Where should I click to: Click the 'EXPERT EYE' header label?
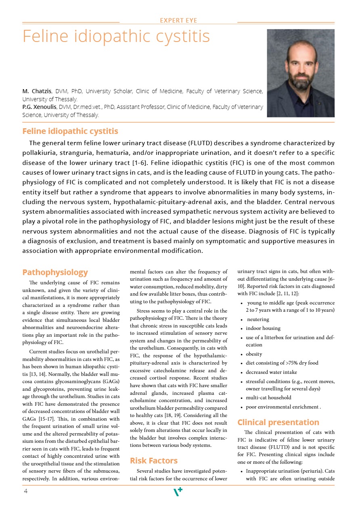pyautogui.click(x=178, y=21)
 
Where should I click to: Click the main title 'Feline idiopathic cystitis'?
pyautogui.click(x=116, y=36)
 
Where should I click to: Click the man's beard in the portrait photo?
pyautogui.click(x=300, y=76)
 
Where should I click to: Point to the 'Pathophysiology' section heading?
pyautogui.click(x=55, y=273)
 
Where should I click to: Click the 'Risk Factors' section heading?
pyautogui.click(x=153, y=461)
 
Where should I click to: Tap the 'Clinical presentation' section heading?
pyautogui.click(x=278, y=422)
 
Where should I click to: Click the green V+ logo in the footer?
pyautogui.click(x=178, y=492)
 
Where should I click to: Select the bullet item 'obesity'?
pyautogui.click(x=254, y=354)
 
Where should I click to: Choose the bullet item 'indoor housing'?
pyautogui.click(x=263, y=328)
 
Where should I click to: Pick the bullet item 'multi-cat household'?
pyautogui.click(x=268, y=398)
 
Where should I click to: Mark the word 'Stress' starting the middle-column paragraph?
pyautogui.click(x=144, y=311)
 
